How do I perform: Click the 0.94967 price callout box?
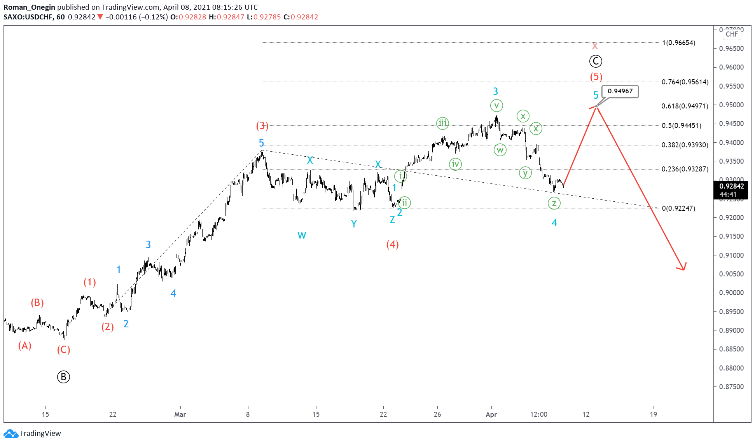coord(620,91)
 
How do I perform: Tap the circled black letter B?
coord(63,377)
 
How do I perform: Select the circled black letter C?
coord(596,61)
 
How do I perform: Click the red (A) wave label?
coord(25,346)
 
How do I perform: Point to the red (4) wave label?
coord(392,244)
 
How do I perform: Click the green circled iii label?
coord(442,124)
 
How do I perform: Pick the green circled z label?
coord(554,203)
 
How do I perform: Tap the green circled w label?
coord(500,150)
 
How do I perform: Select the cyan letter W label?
coord(302,235)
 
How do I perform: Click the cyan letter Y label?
coord(354,224)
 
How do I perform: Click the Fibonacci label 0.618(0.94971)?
coord(685,106)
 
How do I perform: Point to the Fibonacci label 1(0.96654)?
coord(679,43)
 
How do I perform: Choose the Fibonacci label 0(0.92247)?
coord(678,208)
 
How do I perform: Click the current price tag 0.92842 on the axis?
coord(732,186)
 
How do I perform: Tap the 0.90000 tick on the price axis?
coord(731,293)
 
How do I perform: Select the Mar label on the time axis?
coord(180,414)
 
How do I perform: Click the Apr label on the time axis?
coord(491,414)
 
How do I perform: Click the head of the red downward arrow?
coord(683,269)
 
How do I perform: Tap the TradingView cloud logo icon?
coord(10,434)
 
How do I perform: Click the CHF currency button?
coord(732,34)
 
